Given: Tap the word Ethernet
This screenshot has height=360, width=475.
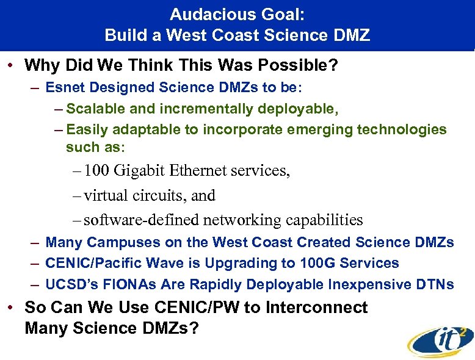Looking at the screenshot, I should click(x=200, y=171).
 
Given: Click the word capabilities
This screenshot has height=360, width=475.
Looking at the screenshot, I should click(x=321, y=220).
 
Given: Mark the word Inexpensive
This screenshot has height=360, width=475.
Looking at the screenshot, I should click(x=364, y=284).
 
